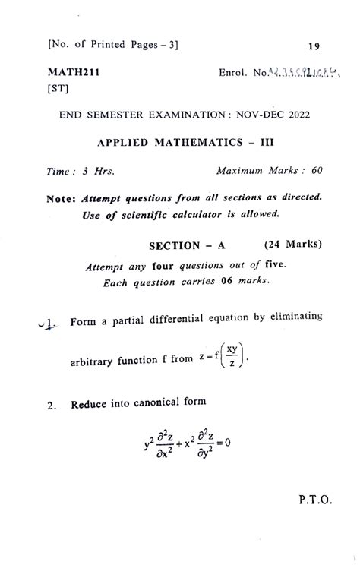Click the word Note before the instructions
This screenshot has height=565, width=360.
tap(61, 197)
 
